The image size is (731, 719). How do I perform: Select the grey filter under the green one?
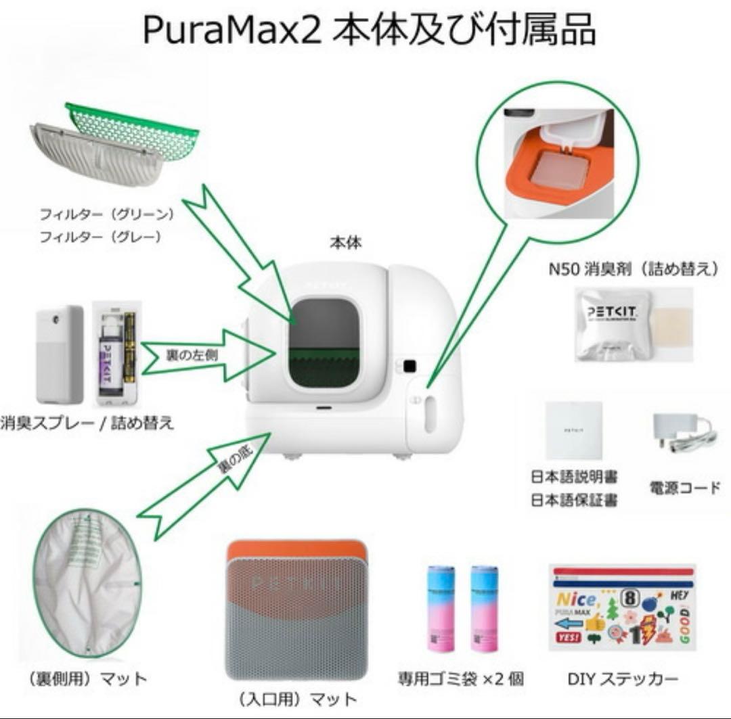click(95, 156)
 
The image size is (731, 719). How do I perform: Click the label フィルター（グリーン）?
click(107, 214)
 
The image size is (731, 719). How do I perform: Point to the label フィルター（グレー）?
click(100, 237)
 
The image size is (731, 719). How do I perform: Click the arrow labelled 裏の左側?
click(203, 354)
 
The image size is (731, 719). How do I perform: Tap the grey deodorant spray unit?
click(60, 354)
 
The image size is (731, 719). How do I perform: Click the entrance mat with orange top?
click(296, 609)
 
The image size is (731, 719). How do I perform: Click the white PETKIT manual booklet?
click(573, 430)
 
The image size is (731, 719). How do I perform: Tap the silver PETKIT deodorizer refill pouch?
click(612, 324)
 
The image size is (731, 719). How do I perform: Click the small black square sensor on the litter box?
click(409, 366)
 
